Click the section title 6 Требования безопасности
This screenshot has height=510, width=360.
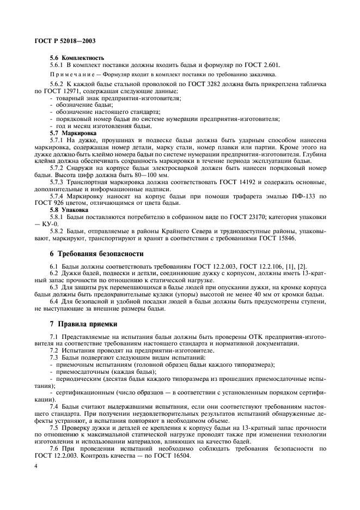[x=97, y=254]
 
